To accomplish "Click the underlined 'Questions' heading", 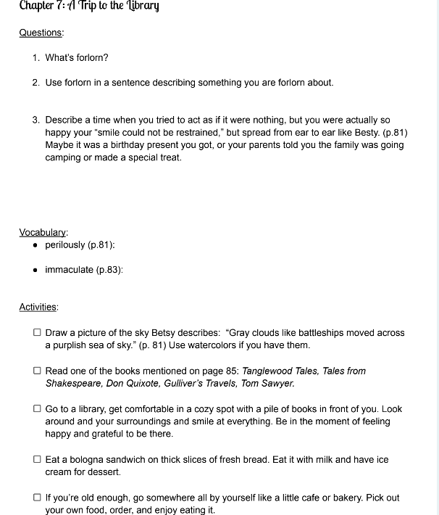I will coord(41,33).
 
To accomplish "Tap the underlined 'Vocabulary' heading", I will coord(43,232).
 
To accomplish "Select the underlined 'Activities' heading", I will coord(39,307).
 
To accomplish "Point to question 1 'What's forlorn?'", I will coord(77,57).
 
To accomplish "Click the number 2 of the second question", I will coord(35,83).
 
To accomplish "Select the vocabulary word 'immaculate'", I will coord(69,270).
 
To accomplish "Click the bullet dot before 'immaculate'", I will coord(35,270).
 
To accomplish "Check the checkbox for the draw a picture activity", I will coord(37,333).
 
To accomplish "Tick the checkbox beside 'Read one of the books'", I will coord(37,371).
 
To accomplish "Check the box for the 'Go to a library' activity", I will coord(37,409).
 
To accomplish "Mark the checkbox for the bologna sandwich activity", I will coord(37,460).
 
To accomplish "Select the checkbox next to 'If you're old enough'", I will coord(37,498).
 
